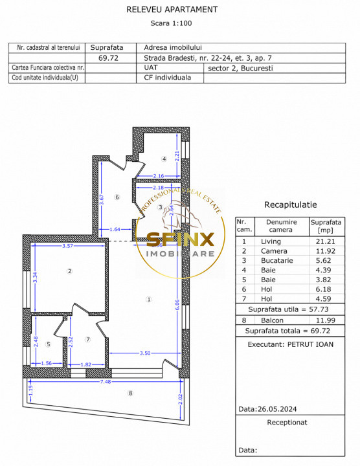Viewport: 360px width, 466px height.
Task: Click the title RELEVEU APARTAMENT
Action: [181, 10]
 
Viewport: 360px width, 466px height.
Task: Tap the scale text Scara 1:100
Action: [171, 23]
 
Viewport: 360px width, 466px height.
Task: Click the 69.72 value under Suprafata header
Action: [108, 58]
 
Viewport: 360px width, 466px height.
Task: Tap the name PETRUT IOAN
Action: [310, 344]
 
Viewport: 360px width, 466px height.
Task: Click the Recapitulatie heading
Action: [291, 205]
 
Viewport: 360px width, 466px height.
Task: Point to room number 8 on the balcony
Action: [130, 393]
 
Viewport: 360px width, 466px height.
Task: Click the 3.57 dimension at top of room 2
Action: [62, 247]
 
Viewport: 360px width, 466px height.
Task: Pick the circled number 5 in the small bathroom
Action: [49, 344]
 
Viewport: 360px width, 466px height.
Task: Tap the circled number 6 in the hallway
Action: [117, 197]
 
